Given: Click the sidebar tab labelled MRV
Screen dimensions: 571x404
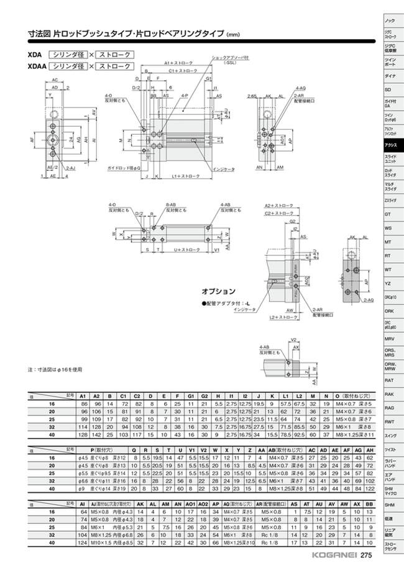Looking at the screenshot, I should [x=390, y=340].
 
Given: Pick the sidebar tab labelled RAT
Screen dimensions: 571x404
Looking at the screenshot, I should [x=390, y=379].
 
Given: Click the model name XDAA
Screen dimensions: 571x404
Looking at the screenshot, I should [x=36, y=65].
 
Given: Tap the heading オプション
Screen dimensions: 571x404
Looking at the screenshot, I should [x=218, y=291].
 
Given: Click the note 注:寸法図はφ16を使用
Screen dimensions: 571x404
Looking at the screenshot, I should [x=56, y=368].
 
